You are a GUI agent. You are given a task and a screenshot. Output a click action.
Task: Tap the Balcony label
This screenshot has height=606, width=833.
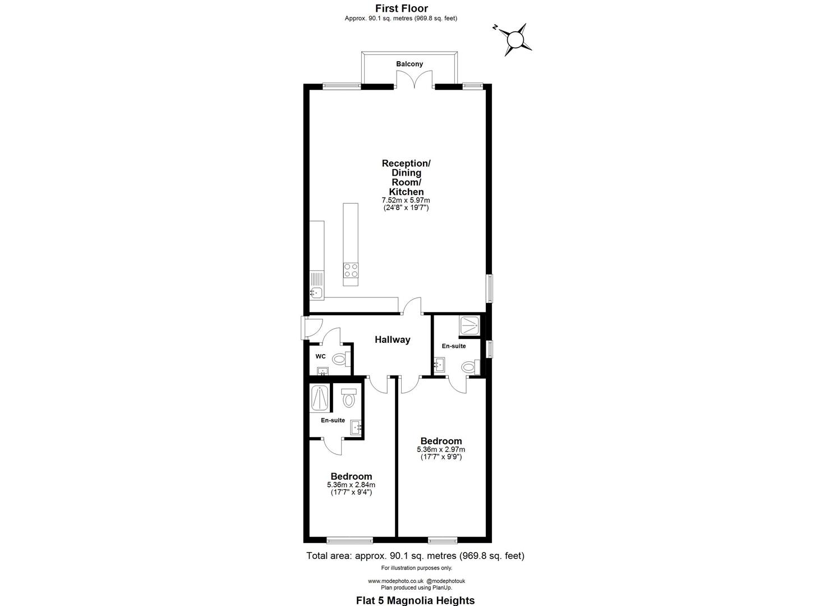pos(409,64)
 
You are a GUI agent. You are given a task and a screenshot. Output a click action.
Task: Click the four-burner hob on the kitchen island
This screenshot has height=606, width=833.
pos(351,270)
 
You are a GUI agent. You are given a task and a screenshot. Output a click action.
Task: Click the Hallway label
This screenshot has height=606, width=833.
pos(393,339)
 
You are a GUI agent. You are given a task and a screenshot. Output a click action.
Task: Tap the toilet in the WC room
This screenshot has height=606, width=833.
pos(340,359)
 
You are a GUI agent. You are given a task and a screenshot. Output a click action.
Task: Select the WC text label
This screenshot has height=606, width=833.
pos(320,356)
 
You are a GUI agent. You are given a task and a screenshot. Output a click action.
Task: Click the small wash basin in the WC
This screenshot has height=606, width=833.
pos(323,371)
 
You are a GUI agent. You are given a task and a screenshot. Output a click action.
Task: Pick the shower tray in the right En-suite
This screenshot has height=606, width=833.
pos(470,324)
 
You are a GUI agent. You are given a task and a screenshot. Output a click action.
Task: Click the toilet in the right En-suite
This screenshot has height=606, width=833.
pos(469,368)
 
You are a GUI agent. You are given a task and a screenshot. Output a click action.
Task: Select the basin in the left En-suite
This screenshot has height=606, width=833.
pos(356,428)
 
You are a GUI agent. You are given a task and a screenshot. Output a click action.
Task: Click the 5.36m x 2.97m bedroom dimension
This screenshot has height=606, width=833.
pos(441,449)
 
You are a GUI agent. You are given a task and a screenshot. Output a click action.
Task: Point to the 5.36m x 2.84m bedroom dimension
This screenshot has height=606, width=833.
pos(351,485)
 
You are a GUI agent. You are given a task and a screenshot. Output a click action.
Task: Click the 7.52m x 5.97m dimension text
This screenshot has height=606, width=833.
pos(406,200)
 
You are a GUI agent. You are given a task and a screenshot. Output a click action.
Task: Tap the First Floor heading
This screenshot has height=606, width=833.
pos(401,8)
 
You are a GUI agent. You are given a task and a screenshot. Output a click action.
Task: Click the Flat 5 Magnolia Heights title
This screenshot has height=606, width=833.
pos(415,600)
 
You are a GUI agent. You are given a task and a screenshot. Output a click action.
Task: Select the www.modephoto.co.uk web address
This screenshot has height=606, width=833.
pos(395,581)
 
